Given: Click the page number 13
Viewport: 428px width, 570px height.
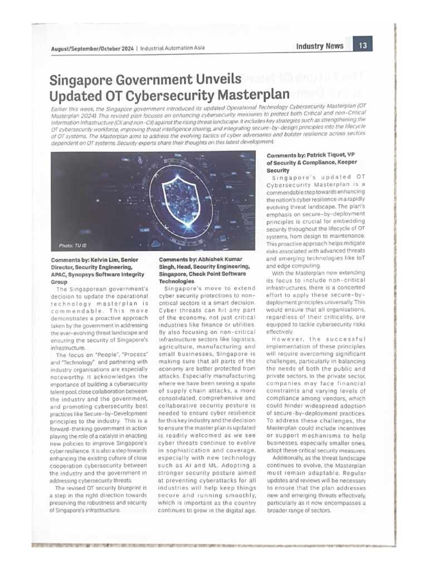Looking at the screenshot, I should pos(362,46).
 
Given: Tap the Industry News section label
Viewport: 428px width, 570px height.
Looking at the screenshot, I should pos(320,46).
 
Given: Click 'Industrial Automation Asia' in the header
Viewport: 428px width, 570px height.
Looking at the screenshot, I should pos(172,48).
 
